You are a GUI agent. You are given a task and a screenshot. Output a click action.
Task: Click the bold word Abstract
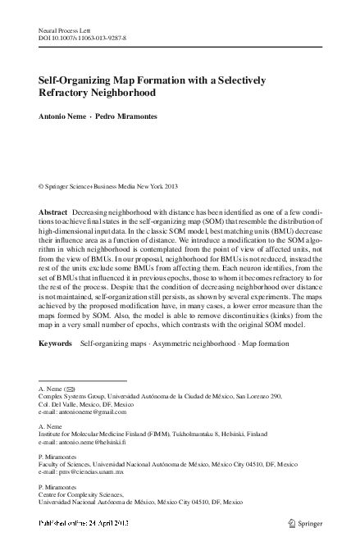point(53,212)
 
